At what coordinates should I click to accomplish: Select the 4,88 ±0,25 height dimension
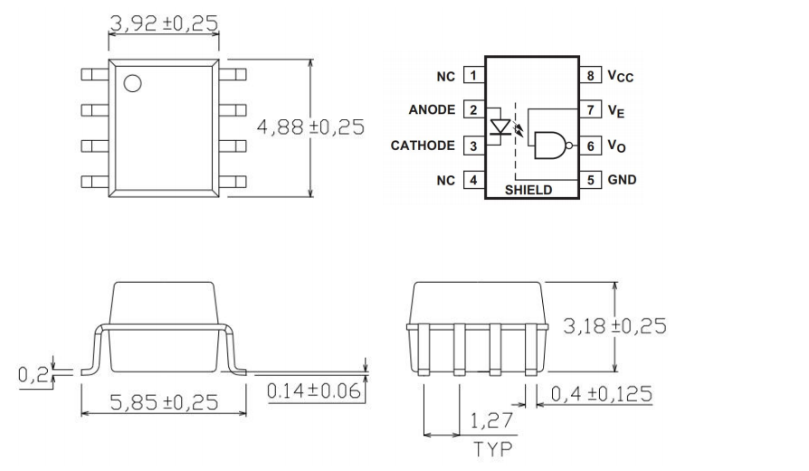tap(311, 127)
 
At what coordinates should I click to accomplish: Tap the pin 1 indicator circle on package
tap(132, 84)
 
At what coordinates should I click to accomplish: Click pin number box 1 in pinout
tap(471, 76)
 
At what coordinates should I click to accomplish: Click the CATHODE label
tap(424, 146)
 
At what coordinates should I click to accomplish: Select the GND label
tap(622, 180)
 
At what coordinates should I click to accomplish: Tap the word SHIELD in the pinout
tap(528, 191)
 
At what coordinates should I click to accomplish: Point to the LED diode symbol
tap(499, 127)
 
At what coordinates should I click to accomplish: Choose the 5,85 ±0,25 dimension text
tap(164, 402)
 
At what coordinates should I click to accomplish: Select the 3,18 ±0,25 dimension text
tap(614, 325)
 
